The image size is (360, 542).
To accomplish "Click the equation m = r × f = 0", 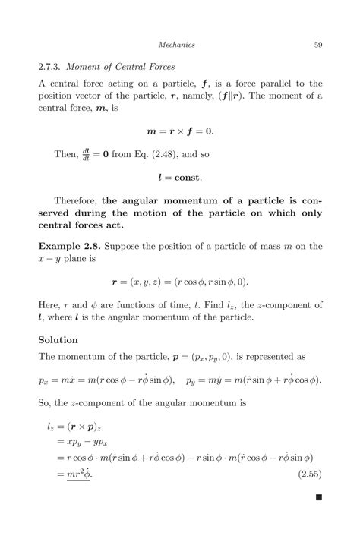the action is [180, 131].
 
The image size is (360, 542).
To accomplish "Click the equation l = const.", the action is [180, 178].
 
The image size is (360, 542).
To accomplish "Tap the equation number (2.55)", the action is [308, 475].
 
